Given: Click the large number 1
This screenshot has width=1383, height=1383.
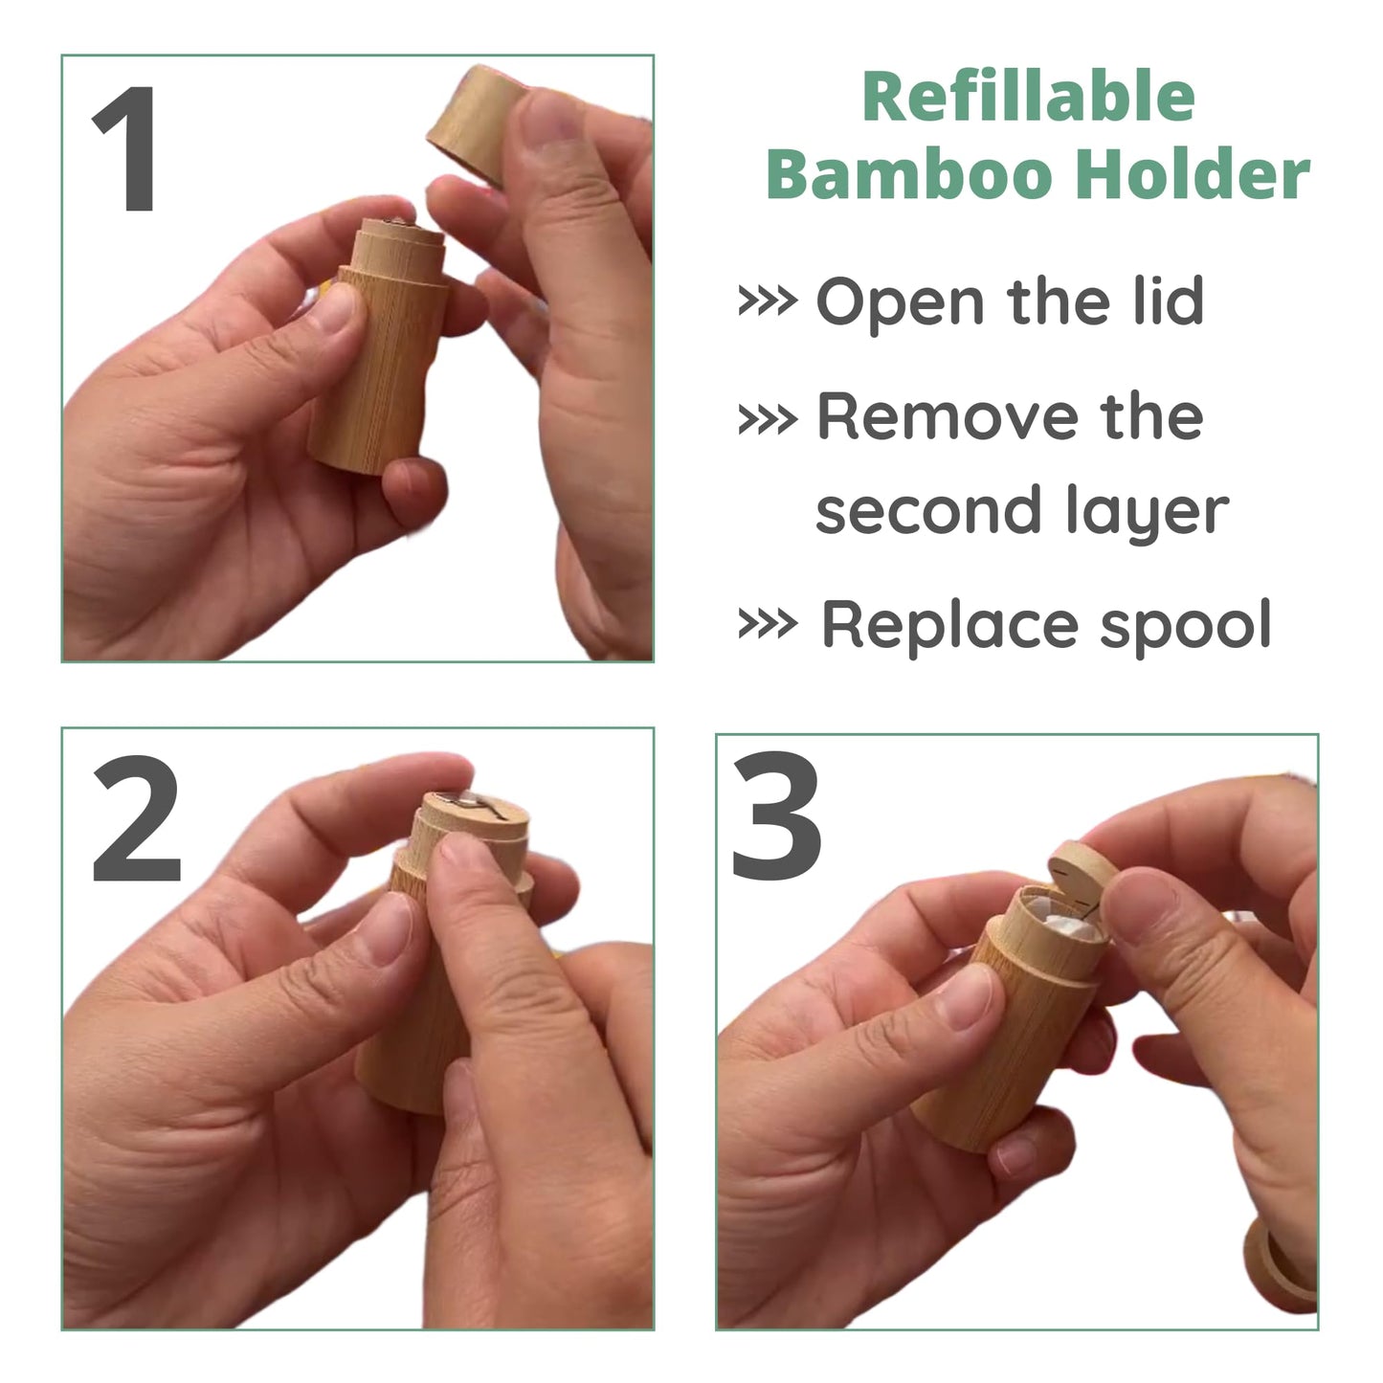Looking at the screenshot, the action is (x=127, y=147).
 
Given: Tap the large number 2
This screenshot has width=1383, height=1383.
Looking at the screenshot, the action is (x=136, y=818).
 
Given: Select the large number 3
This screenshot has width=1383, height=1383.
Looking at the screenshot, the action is (x=776, y=815).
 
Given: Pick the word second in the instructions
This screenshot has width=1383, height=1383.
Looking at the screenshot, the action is (x=928, y=511).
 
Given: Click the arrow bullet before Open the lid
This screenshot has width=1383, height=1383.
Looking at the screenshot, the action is (x=768, y=302).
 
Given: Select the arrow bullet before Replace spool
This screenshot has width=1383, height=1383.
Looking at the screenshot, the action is (x=768, y=624).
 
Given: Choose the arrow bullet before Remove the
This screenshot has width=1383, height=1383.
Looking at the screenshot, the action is (x=768, y=420).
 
